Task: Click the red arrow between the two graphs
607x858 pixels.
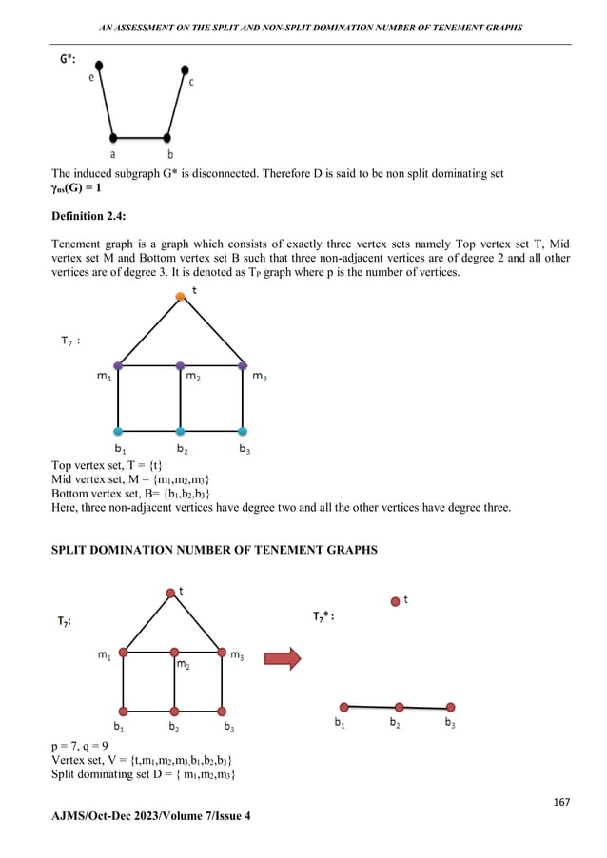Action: tap(284, 658)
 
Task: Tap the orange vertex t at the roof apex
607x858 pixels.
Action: tap(180, 297)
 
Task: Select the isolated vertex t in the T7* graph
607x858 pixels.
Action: tap(396, 600)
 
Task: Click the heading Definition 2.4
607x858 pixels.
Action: tap(91, 218)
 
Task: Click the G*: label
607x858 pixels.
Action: tap(69, 58)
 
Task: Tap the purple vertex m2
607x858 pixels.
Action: tap(180, 365)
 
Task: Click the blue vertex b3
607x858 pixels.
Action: tap(243, 431)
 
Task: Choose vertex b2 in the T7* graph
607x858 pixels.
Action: tap(400, 707)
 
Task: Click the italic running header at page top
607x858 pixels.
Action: tap(303, 27)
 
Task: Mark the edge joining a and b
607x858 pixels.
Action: tap(140, 138)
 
